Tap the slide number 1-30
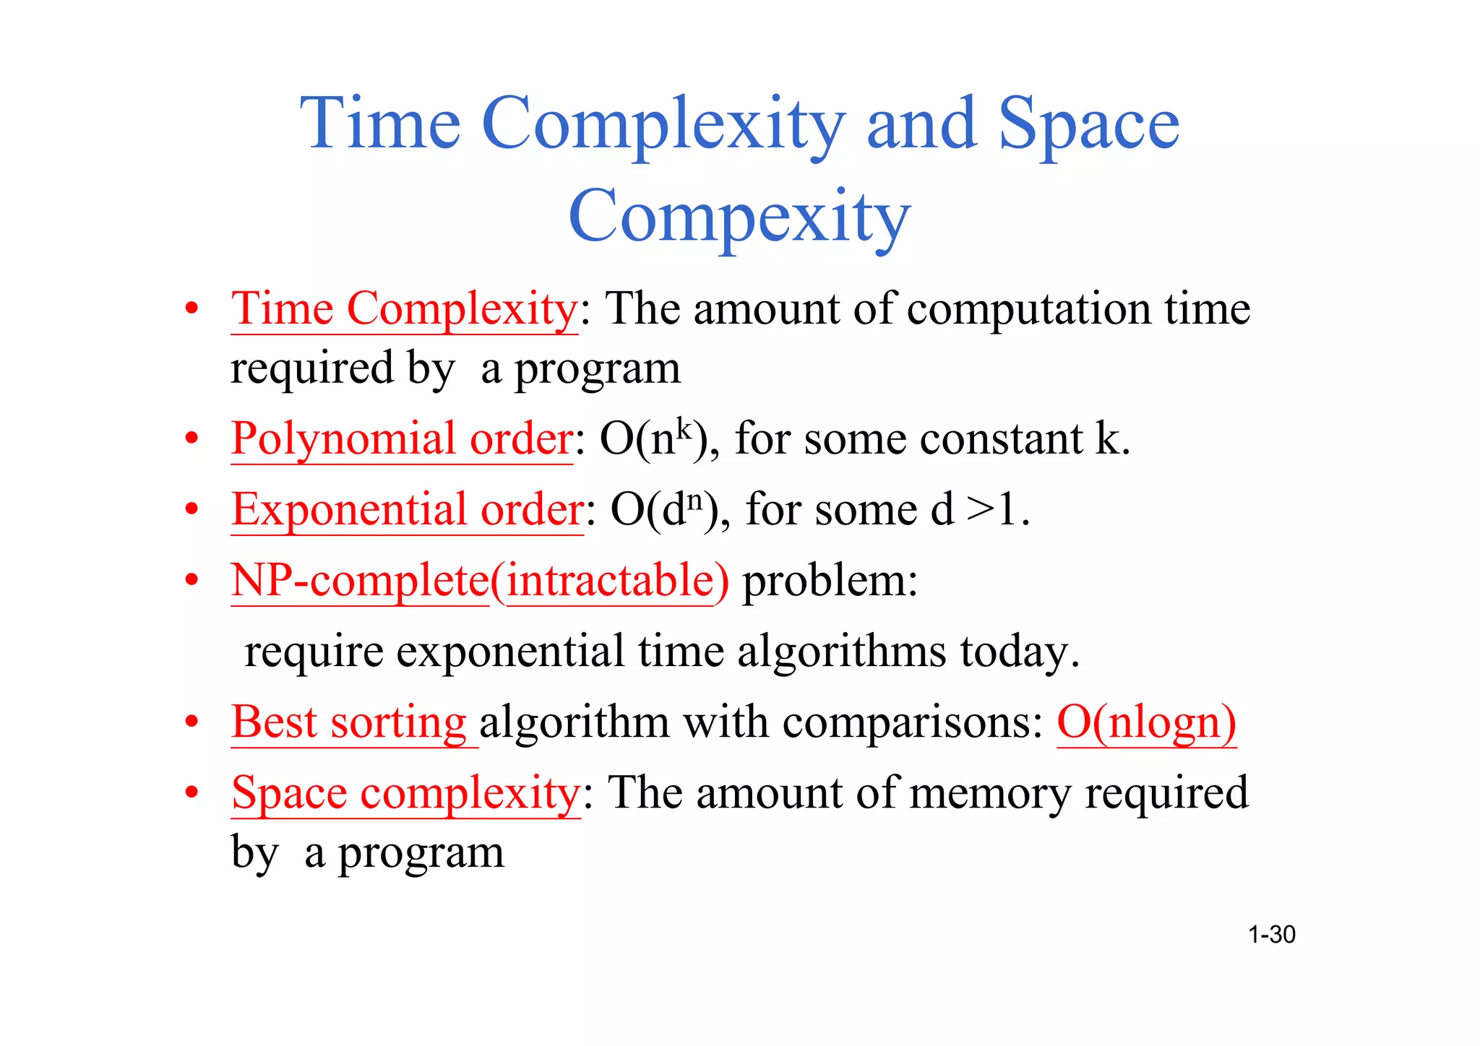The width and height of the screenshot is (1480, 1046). (1271, 935)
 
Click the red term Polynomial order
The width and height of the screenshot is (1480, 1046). (402, 438)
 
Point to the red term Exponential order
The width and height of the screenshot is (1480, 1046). (407, 509)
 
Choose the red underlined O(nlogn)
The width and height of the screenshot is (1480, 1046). (1146, 722)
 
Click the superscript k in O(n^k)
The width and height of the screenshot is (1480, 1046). (684, 428)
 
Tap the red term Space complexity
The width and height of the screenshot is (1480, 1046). (405, 793)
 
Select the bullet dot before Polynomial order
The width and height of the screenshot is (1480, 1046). (192, 438)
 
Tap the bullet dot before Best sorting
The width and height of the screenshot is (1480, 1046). (192, 722)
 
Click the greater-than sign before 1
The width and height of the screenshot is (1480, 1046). (980, 509)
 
